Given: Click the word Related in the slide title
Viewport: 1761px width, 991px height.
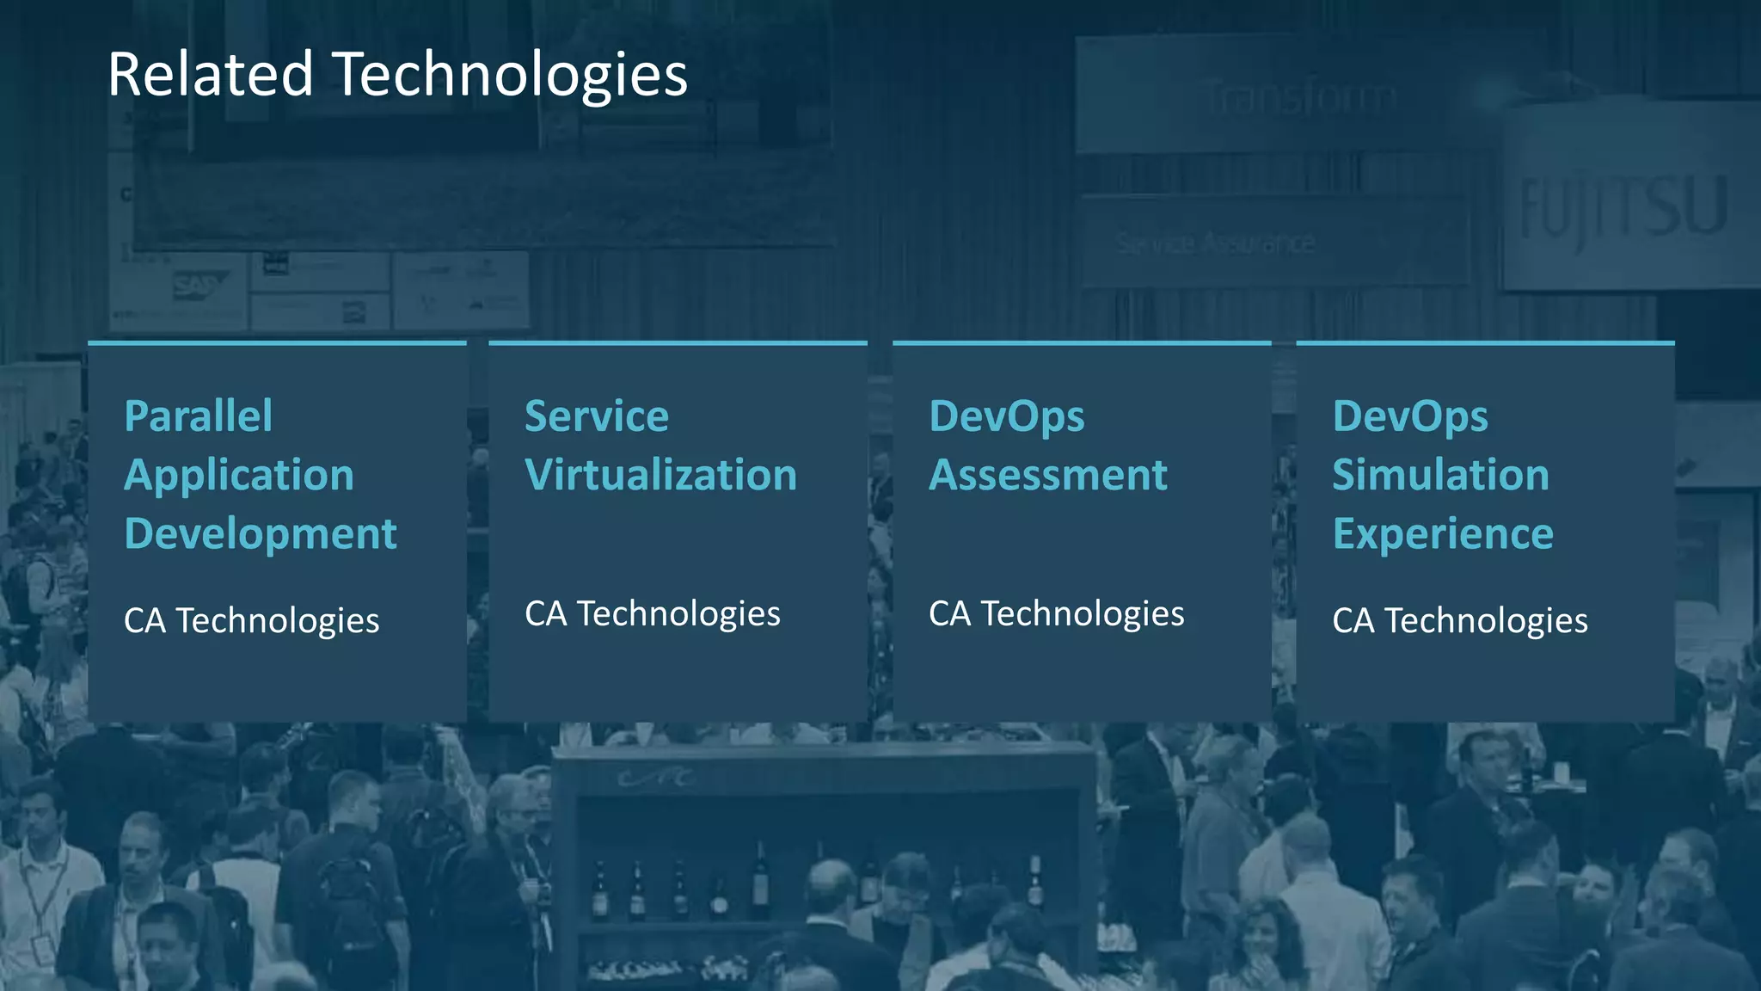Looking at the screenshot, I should coord(210,74).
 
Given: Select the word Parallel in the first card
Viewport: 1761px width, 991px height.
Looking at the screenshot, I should coord(198,416).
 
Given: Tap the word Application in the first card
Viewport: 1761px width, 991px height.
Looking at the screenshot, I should coord(239,476).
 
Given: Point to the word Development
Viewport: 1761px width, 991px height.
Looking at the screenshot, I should coord(260,534).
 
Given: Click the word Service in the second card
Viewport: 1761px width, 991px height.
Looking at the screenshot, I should coord(596,416).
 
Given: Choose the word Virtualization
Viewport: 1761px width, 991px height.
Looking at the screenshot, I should coord(660,475).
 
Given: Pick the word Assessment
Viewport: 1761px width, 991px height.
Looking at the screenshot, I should coord(1047,475).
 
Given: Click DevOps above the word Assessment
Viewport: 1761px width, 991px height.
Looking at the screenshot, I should coord(1006,417).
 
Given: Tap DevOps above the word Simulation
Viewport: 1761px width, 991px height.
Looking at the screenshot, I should coord(1409,417).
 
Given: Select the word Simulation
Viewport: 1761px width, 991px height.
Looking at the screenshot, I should coord(1440,475).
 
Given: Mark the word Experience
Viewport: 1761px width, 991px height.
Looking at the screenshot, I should coord(1442,534).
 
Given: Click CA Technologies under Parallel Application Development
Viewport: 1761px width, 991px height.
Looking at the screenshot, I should coord(251,621).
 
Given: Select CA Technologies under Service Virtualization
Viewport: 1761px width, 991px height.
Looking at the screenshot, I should coord(652,614).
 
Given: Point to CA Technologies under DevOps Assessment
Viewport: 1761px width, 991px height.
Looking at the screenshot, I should coord(1056,614).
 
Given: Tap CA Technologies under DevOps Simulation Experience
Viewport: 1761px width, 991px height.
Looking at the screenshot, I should coord(1459,621).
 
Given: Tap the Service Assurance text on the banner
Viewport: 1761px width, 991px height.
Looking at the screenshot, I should coord(1215,244).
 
